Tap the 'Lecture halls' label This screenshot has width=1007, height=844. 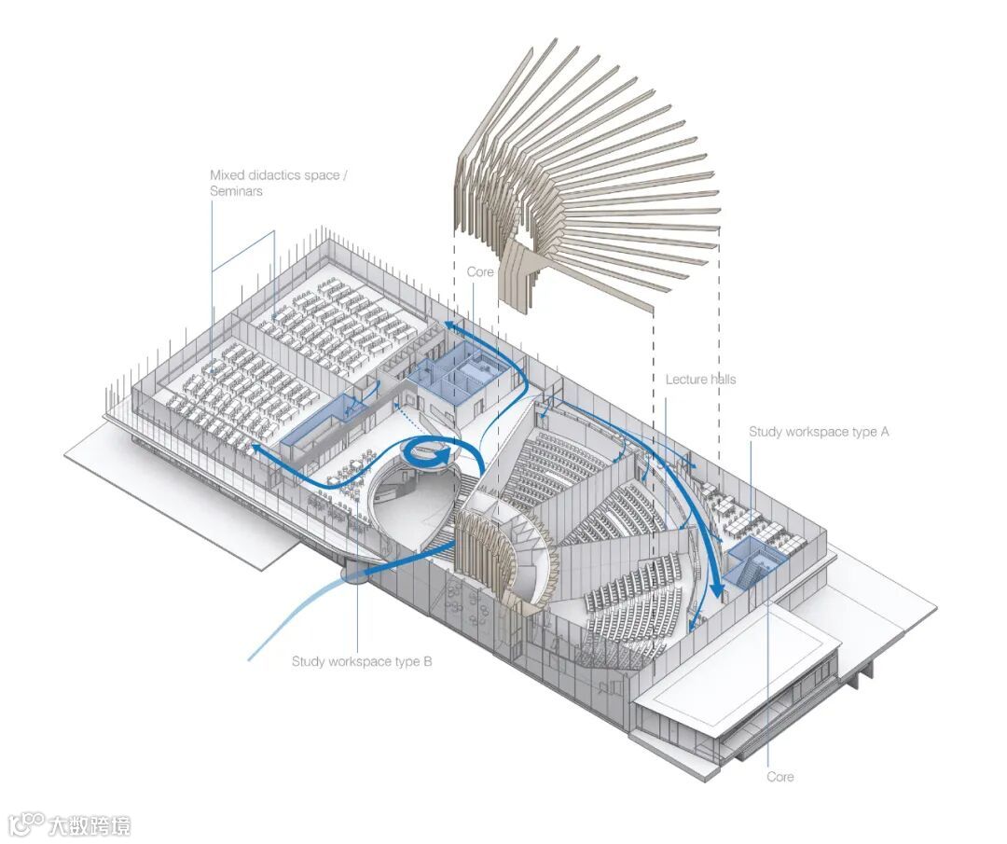click(x=700, y=380)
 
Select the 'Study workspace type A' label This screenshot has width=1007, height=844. click(x=819, y=432)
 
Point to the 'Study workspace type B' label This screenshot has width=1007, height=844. click(x=362, y=661)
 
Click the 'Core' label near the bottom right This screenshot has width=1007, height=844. click(x=780, y=776)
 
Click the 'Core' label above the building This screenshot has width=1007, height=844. click(x=480, y=271)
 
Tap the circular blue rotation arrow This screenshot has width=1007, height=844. click(x=430, y=454)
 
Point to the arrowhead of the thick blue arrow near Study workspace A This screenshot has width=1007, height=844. click(x=717, y=590)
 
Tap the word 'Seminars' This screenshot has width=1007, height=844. click(x=236, y=191)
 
